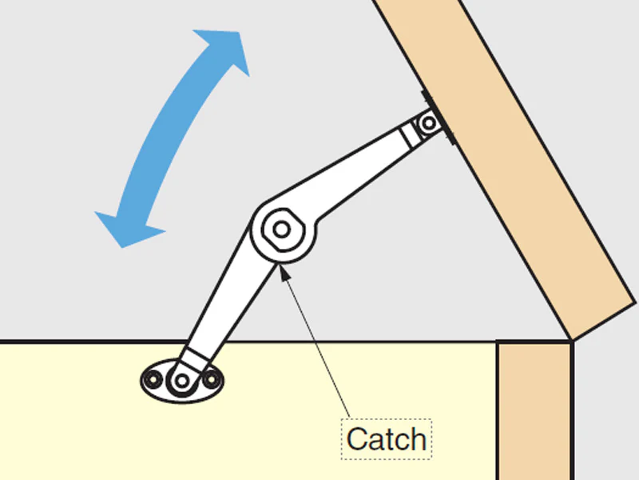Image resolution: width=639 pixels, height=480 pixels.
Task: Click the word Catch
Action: pos(387,439)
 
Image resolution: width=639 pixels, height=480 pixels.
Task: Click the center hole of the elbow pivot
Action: pos(282,230)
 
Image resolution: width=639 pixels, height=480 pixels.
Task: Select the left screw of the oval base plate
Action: pos(153,380)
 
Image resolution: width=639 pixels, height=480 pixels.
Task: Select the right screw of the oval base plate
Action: pos(212,380)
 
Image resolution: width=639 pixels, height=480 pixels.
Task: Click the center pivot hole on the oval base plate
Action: pos(182,382)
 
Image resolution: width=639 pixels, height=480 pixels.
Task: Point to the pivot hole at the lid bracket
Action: pos(428,123)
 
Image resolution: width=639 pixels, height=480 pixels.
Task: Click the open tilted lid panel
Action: pos(506,163)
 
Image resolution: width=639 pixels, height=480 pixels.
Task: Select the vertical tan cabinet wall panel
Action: pos(534,410)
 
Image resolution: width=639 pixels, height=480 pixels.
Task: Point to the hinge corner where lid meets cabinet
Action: pos(572,339)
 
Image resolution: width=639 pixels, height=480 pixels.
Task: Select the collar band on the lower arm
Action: pos(195,358)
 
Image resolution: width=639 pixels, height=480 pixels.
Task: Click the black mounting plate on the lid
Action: pos(439,117)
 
